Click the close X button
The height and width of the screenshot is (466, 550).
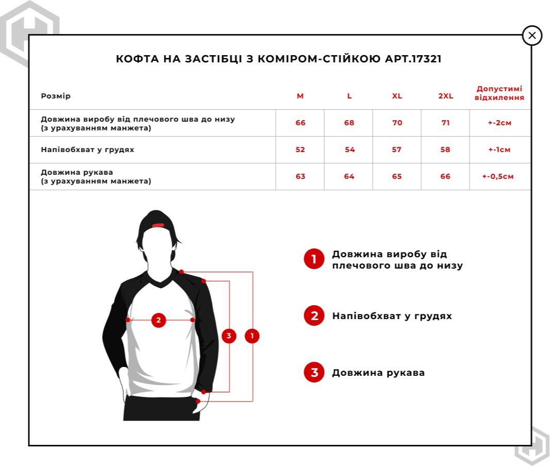click(532, 36)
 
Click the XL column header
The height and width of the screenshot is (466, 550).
click(397, 96)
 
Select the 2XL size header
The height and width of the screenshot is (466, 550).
click(446, 96)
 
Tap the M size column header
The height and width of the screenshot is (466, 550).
click(300, 96)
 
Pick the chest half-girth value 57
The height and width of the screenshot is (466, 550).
click(397, 150)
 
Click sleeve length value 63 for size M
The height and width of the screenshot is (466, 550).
click(301, 177)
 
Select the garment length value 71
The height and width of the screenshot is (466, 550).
click(446, 123)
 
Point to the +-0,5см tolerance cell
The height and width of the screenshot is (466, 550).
click(498, 177)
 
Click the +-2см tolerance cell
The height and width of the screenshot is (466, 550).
click(499, 123)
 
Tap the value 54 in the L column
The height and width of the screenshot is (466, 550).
click(349, 150)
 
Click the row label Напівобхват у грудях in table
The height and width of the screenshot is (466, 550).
click(88, 150)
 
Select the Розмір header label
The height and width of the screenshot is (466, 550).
click(56, 96)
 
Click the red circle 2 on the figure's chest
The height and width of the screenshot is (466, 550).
click(158, 320)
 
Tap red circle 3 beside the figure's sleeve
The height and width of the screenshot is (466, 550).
click(229, 336)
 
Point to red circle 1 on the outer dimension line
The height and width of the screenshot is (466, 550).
click(252, 336)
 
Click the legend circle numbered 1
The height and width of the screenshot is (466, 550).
click(314, 259)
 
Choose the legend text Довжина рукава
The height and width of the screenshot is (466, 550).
click(378, 373)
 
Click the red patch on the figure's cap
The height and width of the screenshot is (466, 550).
click(158, 225)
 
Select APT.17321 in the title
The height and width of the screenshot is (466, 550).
click(413, 59)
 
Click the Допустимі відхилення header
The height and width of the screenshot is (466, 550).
click(499, 93)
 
